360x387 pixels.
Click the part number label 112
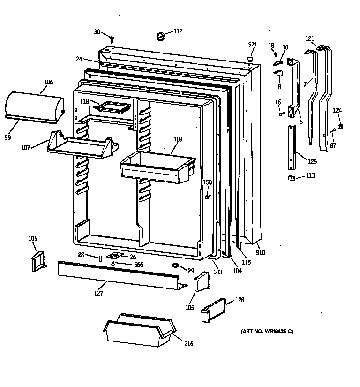pyautogui.click(x=178, y=31)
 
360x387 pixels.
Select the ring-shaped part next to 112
pyautogui.click(x=160, y=36)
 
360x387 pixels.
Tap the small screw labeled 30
pyautogui.click(x=112, y=38)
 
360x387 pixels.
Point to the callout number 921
pyautogui.click(x=253, y=44)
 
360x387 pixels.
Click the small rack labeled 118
pyautogui.click(x=112, y=107)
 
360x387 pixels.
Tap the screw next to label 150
pyautogui.click(x=207, y=197)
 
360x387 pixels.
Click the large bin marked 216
pyautogui.click(x=138, y=331)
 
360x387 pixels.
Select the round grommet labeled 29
pyautogui.click(x=176, y=266)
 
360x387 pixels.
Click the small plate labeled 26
pyautogui.click(x=114, y=256)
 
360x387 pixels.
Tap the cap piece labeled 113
pyautogui.click(x=292, y=177)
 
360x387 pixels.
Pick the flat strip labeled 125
pyautogui.click(x=292, y=148)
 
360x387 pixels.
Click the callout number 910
pyautogui.click(x=260, y=252)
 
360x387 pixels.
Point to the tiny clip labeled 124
pyautogui.click(x=340, y=126)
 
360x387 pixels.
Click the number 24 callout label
pyautogui.click(x=79, y=59)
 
